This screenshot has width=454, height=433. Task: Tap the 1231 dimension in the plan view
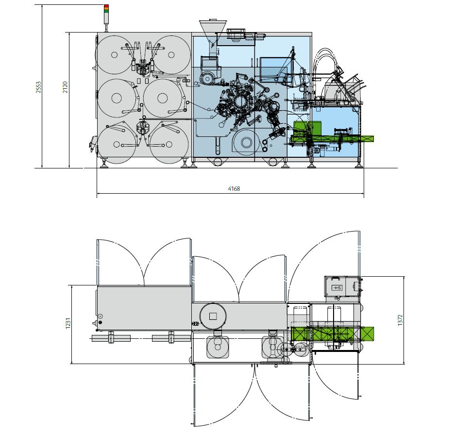click(68, 324)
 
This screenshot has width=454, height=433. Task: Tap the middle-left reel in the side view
click(117, 98)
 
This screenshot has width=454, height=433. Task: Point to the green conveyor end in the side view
click(367, 139)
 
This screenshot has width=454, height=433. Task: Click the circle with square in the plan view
click(213, 316)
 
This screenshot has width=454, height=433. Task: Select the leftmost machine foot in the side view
click(104, 164)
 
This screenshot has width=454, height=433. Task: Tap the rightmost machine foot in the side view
click(359, 164)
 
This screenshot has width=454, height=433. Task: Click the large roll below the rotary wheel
click(247, 143)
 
